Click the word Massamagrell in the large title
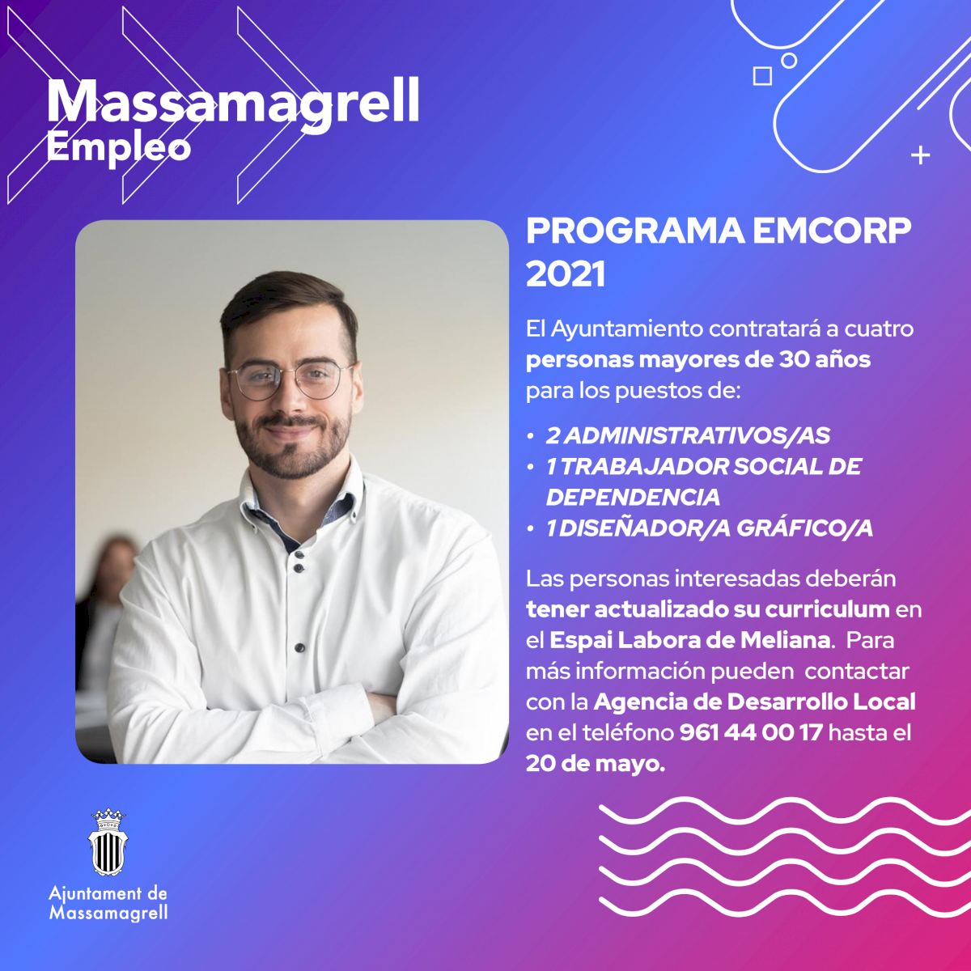coord(233,102)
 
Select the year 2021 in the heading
coord(566,275)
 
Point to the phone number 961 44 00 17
coord(751,732)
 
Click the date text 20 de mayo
coord(596,764)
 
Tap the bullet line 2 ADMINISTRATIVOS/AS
coord(688,436)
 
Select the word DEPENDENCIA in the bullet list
coord(633,498)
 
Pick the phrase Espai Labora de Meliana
coord(690,640)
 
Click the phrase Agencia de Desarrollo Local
coord(754,702)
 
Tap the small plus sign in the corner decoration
coord(920,155)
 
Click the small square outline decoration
coord(762,76)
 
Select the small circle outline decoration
coord(789,61)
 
